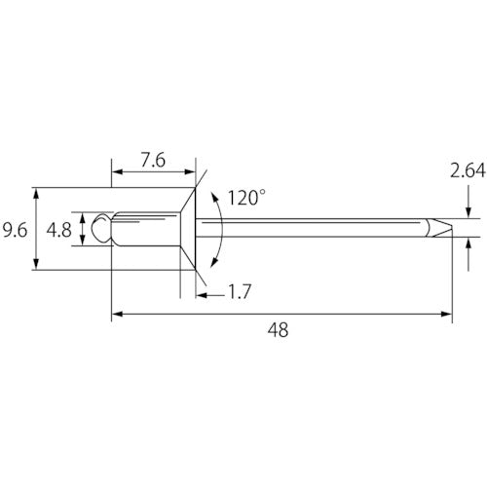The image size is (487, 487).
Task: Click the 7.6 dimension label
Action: tap(153, 161)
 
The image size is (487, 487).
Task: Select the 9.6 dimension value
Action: tap(15, 231)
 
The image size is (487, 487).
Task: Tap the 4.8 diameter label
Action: tap(58, 231)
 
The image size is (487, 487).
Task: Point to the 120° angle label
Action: tap(246, 198)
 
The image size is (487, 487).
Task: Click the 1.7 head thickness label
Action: tap(240, 291)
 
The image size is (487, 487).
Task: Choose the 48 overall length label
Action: tap(278, 330)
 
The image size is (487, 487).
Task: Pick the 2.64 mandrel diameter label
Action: tap(468, 171)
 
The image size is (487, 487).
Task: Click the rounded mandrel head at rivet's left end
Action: tap(102, 228)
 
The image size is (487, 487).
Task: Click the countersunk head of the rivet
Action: tap(188, 229)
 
